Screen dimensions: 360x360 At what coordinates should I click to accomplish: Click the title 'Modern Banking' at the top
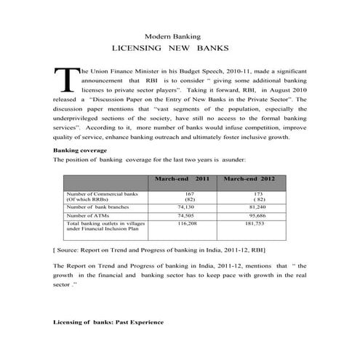tap(172, 36)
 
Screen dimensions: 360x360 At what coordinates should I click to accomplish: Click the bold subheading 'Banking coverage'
tap(81, 150)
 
